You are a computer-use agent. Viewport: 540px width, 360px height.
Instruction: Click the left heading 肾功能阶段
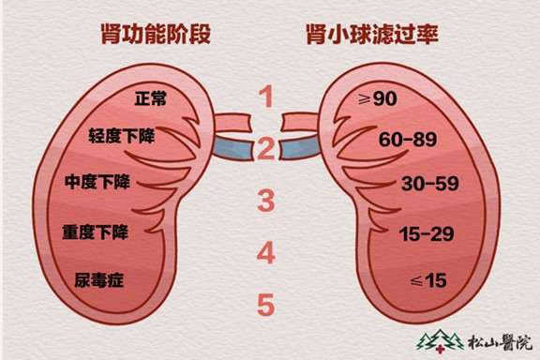(x=156, y=35)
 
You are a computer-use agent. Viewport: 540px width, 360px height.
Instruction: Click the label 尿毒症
(x=98, y=278)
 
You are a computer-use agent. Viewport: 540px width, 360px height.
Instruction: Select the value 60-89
(x=405, y=140)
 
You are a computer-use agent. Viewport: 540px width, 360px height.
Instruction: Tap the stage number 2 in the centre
(x=267, y=148)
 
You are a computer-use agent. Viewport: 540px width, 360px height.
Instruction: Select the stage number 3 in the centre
(x=267, y=200)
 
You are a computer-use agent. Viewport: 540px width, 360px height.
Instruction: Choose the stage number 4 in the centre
(x=267, y=252)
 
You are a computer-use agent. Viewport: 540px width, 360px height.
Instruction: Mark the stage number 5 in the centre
(x=267, y=305)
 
